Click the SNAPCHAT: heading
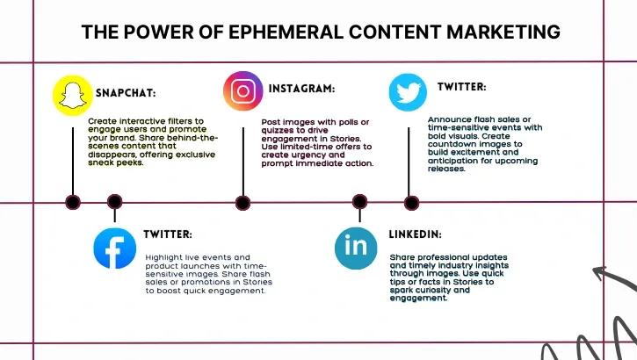pos(132,92)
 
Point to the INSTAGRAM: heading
pos(301,89)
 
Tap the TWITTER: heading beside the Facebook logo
pos(168,234)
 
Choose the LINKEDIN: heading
pos(416,235)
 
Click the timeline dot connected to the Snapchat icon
pos(73,202)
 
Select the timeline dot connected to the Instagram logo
pos(242,203)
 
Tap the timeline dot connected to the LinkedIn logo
pos(359,202)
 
